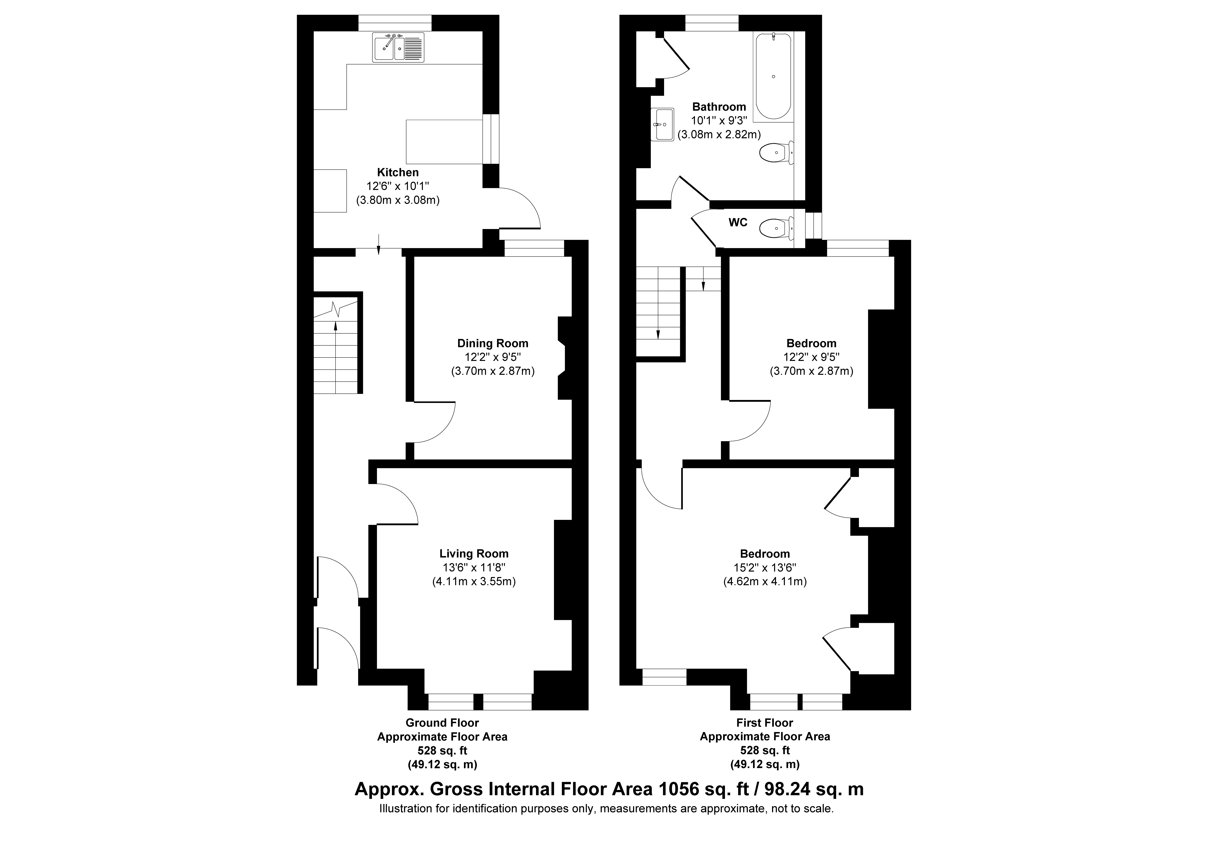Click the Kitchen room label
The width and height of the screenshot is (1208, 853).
click(398, 173)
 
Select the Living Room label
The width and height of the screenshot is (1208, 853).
click(474, 554)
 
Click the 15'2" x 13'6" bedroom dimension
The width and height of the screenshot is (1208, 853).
click(765, 568)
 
